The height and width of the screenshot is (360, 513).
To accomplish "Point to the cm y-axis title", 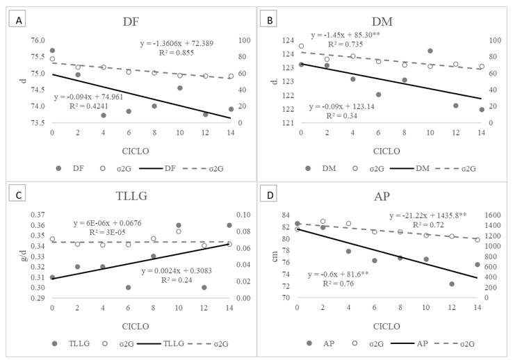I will tap(266, 256).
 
